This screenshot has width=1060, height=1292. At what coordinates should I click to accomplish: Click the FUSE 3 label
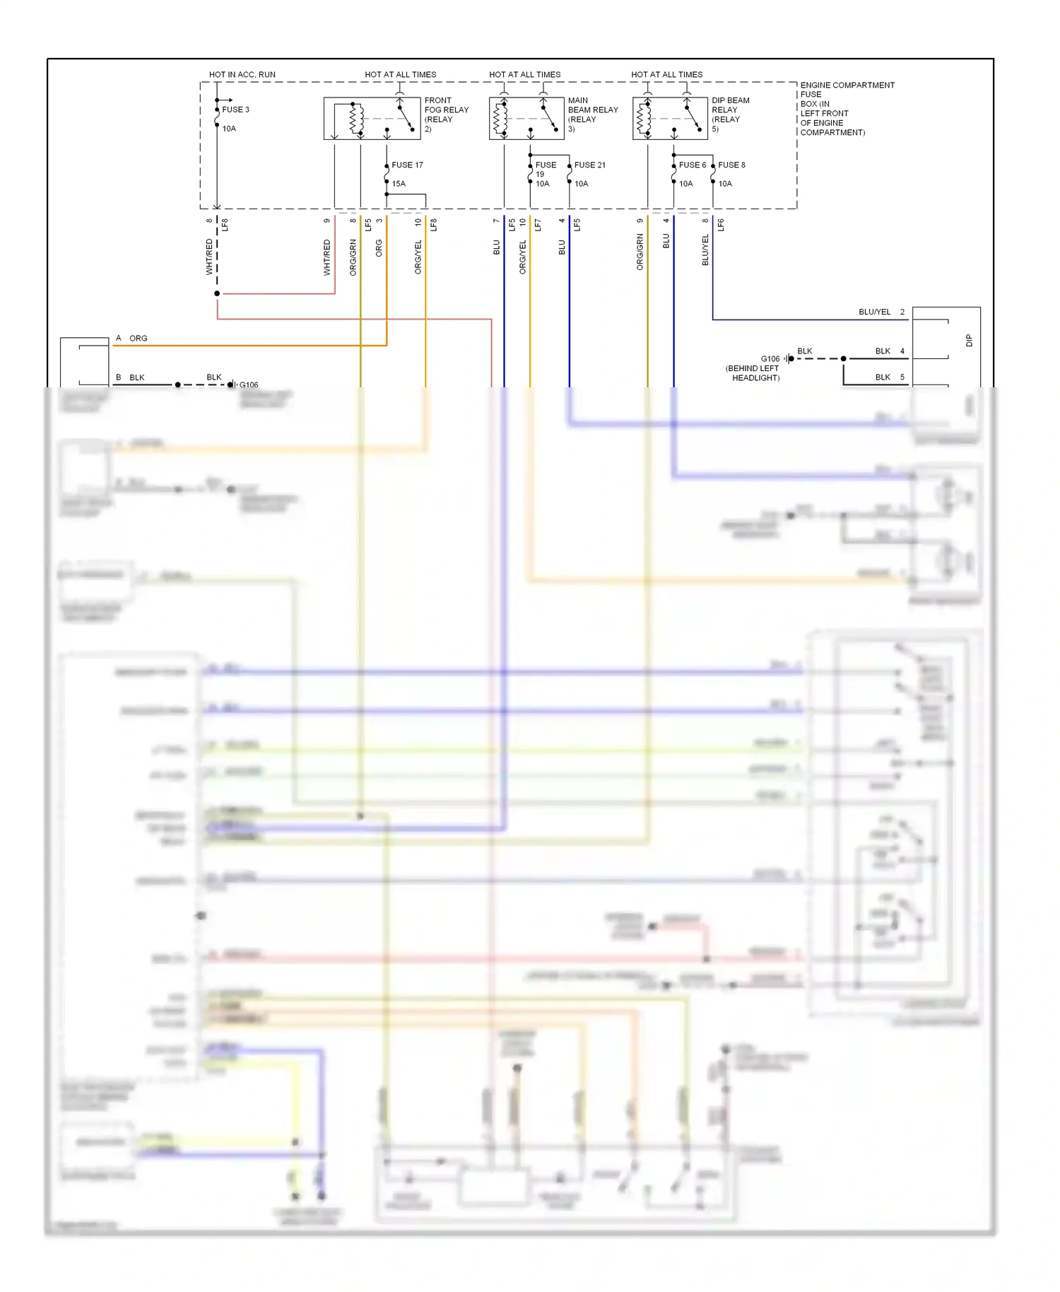(235, 110)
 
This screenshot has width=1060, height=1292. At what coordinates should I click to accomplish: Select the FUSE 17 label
(407, 165)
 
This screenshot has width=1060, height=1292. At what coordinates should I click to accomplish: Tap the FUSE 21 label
(589, 165)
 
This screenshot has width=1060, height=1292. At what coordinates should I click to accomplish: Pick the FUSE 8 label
(731, 165)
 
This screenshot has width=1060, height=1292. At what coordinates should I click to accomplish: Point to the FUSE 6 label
(692, 165)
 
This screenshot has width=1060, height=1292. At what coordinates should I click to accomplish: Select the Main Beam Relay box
(526, 119)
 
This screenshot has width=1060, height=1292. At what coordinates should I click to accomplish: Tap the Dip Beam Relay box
(670, 119)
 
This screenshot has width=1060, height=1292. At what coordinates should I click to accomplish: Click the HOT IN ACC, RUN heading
(242, 74)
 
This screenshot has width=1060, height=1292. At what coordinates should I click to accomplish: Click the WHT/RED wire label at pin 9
(327, 257)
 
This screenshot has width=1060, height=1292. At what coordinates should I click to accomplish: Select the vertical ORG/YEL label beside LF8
(418, 257)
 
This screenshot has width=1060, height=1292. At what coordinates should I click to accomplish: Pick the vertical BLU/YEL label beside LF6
(705, 251)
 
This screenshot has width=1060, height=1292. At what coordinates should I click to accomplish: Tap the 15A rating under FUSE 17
(399, 184)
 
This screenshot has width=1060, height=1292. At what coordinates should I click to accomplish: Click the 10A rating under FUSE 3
(229, 129)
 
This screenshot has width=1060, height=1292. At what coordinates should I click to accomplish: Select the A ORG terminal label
(131, 339)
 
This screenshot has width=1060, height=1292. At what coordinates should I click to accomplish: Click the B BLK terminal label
(130, 377)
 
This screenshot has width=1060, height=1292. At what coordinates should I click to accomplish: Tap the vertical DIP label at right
(969, 341)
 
